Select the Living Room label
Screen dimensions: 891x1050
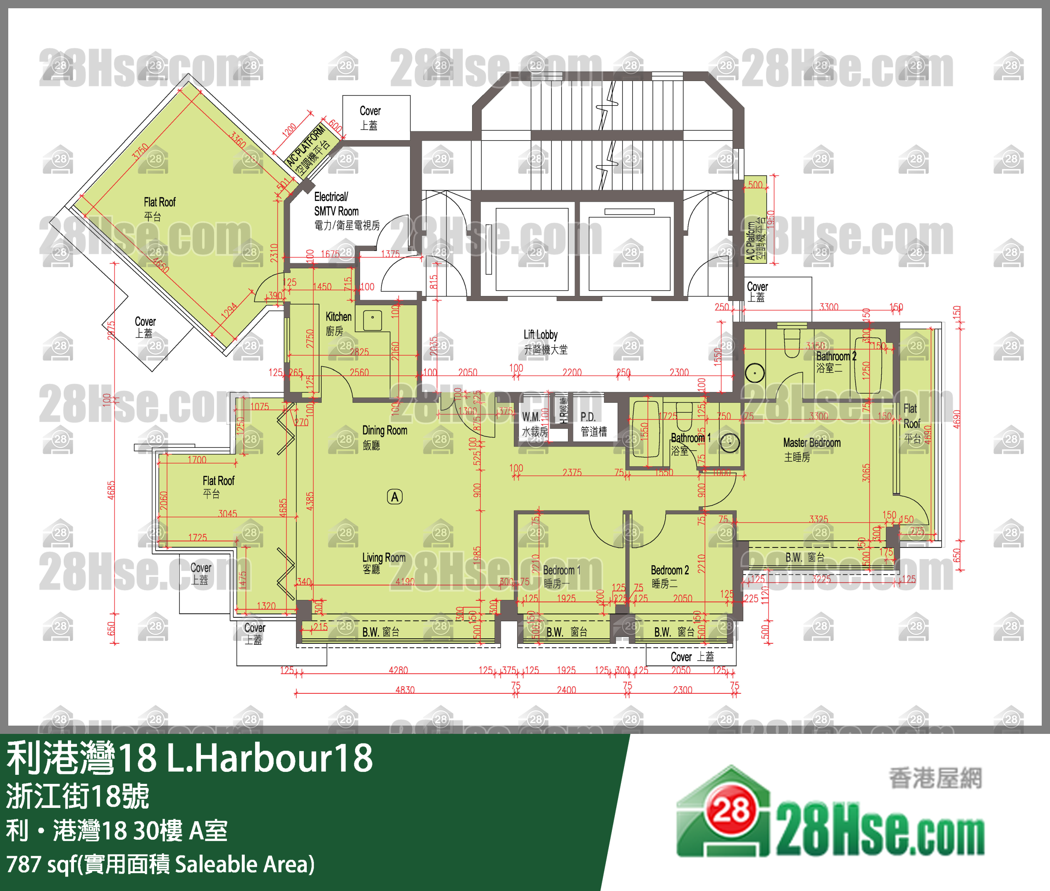[x=383, y=562]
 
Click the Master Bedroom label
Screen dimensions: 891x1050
[x=811, y=449]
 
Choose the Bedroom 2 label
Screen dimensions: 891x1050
[x=669, y=576]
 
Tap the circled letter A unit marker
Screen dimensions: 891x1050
[x=394, y=497]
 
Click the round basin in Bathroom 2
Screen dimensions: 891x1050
[x=754, y=373]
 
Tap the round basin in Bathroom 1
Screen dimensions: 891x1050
[x=729, y=442]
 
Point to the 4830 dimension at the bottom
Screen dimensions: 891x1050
[x=405, y=690]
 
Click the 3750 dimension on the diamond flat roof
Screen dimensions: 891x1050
[x=141, y=151]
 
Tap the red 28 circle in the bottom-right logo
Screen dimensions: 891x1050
[x=731, y=811]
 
